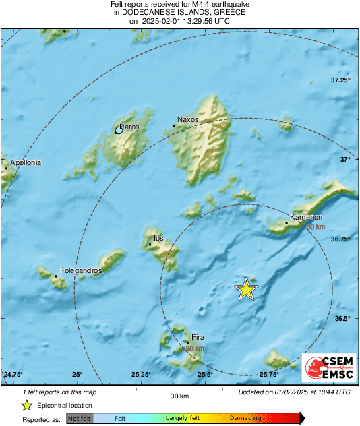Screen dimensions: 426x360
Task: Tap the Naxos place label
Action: tap(187, 119)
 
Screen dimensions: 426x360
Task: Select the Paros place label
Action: tap(129, 126)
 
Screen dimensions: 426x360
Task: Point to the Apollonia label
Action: tap(26, 162)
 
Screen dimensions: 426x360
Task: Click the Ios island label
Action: tap(159, 238)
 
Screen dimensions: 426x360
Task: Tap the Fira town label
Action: tap(198, 338)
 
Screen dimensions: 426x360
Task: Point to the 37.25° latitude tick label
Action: tap(340, 80)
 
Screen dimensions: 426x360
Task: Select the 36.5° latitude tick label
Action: tap(342, 318)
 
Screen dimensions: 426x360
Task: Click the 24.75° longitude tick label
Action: tap(13, 374)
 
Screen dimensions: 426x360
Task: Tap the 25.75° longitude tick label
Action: tap(269, 374)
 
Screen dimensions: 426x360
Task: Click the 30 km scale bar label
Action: tap(179, 395)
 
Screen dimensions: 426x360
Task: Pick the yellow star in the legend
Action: tap(26, 405)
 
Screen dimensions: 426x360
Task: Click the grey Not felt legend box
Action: tap(80, 418)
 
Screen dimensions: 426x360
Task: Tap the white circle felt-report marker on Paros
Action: tap(119, 131)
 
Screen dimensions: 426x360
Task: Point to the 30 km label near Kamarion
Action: tap(315, 227)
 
